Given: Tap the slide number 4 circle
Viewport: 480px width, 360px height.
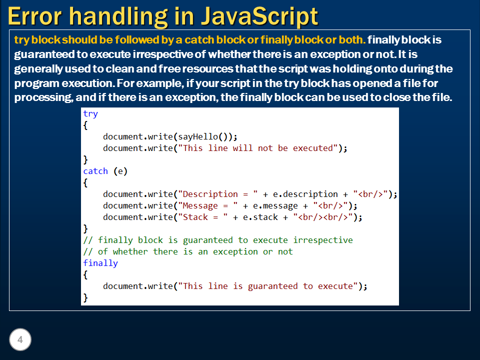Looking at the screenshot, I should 20,340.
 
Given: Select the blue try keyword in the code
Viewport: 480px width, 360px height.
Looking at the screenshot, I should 90,113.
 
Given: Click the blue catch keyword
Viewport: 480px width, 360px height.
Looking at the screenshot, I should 95,171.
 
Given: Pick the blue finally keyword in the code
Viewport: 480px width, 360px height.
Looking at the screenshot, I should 100,263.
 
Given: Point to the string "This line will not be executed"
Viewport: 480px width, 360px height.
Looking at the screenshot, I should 260,148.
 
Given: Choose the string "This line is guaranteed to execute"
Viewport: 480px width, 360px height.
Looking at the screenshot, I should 270,286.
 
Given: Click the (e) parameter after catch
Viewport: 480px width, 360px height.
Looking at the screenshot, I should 120,171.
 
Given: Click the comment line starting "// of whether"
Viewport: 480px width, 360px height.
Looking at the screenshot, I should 188,251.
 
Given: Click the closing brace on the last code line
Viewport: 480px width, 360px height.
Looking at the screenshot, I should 85,297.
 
